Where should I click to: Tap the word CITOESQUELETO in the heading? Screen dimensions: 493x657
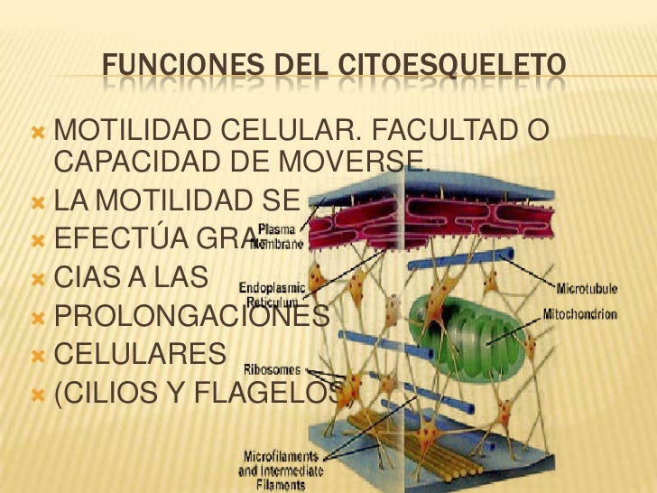(x=452, y=66)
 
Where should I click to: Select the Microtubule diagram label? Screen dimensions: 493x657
(x=586, y=290)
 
